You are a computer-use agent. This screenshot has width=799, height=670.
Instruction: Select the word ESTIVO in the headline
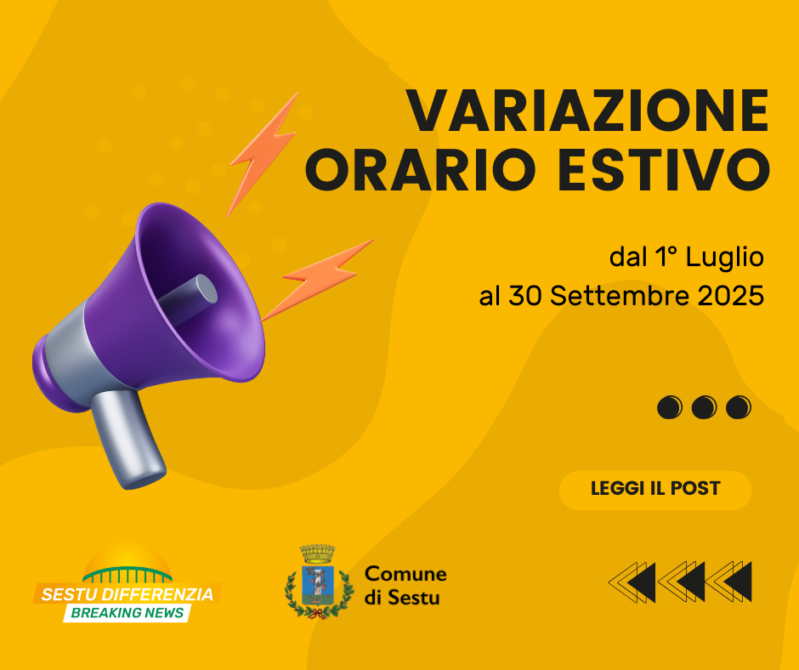tap(664, 170)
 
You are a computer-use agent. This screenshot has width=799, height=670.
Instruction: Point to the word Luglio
tap(724, 258)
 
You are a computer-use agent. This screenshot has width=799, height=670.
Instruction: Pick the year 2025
tap(731, 296)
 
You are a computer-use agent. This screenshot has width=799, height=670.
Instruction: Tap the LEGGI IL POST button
tap(655, 490)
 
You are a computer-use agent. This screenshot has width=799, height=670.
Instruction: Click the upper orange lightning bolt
tap(262, 154)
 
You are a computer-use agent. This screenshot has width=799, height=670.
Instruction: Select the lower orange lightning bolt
tap(316, 280)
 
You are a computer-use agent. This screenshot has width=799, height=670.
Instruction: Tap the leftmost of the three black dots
tap(670, 407)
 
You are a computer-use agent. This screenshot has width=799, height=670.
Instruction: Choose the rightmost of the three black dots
tap(739, 407)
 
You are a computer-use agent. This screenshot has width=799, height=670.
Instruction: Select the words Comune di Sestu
tap(405, 585)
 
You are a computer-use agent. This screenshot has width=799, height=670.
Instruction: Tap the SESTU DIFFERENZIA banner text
tap(127, 594)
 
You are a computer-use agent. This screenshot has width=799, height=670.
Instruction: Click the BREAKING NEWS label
tap(127, 613)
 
